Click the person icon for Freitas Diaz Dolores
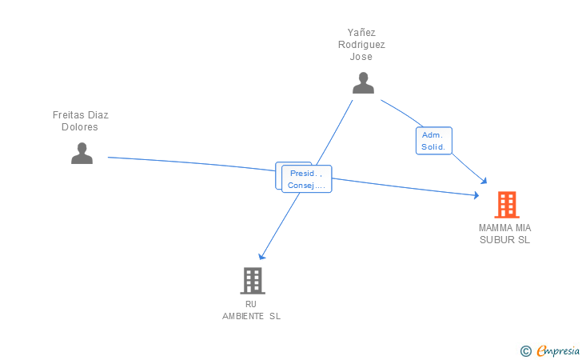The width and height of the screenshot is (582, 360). pos(82,153)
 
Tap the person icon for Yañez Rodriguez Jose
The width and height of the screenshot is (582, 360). pos(363,83)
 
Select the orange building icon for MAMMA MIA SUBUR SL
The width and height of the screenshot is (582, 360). pos(507,205)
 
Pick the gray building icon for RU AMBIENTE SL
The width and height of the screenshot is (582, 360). pos(253,281)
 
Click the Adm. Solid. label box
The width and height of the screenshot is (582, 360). pos(434,141)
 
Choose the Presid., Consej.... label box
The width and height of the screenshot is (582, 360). pos(307,179)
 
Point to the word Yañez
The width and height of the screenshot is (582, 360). pos(361,33)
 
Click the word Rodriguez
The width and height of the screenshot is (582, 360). pos(361,45)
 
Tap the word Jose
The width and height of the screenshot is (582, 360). pos(361,57)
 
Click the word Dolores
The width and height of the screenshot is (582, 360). pos(80,127)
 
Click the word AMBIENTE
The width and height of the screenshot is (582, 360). pos(243,317)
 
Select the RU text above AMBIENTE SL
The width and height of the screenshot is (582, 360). pos(251,304)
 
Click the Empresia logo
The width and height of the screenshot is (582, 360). pos(558,350)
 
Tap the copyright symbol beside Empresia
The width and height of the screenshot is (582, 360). pos(525,351)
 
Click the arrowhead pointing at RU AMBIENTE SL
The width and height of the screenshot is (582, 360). pos(261,256)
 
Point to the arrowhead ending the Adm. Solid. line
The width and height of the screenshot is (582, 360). pos(483,181)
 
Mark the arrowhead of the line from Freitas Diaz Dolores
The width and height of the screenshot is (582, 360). pos(476,195)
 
